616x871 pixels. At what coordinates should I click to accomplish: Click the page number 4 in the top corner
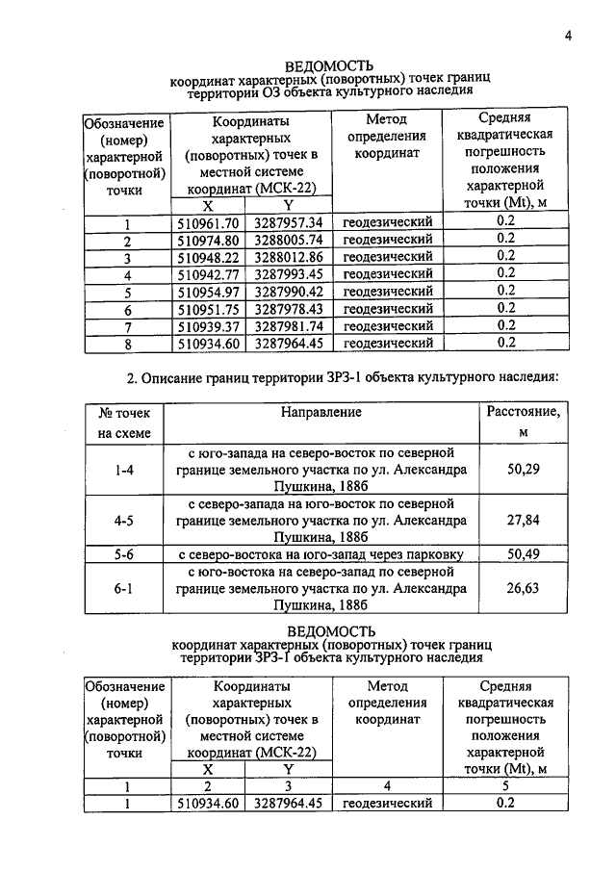coord(568,37)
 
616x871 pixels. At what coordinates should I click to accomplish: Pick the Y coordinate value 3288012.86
coord(289,257)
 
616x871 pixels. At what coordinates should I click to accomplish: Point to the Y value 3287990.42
coord(289,292)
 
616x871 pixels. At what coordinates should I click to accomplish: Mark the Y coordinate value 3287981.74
coord(289,325)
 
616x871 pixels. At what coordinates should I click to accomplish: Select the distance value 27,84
coord(523,521)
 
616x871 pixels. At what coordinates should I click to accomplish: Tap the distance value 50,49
coord(523,553)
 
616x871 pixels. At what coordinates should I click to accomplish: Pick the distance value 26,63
coord(523,587)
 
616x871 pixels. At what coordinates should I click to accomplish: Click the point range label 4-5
coord(123,521)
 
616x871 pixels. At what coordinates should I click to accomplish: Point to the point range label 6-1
coord(123,587)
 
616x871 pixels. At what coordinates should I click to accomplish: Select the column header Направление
coord(321,413)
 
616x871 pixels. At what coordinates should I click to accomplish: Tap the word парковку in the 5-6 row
coord(426,554)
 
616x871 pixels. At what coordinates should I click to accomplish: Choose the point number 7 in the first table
coord(126,326)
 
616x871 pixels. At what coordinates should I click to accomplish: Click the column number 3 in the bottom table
coord(289,786)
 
